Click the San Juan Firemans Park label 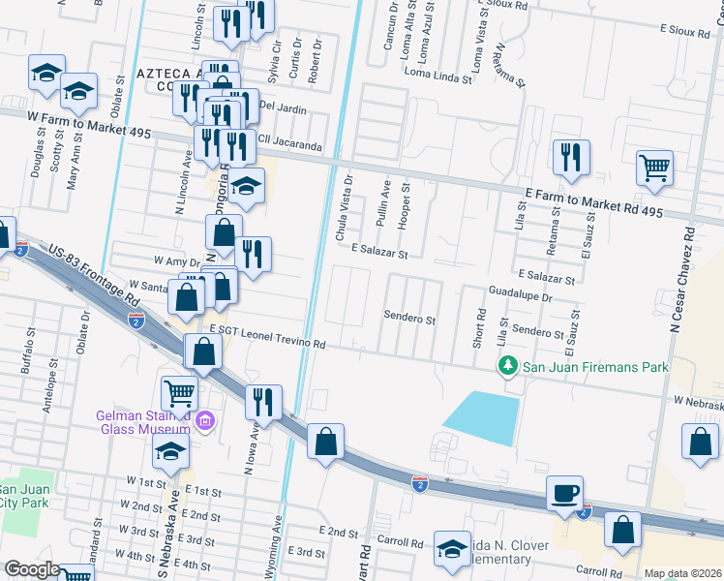coord(596,367)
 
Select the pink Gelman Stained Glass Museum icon coord(204,420)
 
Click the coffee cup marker coord(564,494)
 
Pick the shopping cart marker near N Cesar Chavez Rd coord(654,168)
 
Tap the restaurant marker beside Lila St coord(571,157)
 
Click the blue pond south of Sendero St coord(484,417)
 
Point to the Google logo coord(32,568)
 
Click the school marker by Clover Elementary coord(452,549)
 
